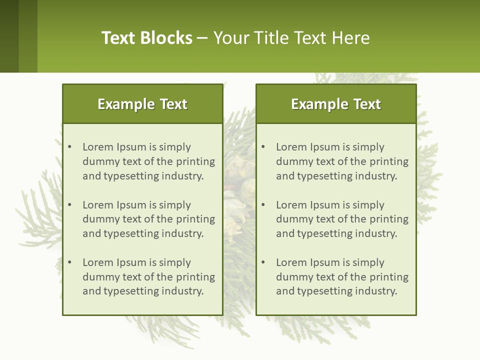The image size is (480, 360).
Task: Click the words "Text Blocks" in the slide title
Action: point(147,38)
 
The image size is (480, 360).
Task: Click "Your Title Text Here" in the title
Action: point(291,38)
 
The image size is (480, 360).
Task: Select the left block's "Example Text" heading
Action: point(142,104)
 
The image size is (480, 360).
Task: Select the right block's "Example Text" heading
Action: point(336,104)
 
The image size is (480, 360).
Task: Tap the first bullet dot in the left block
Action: point(70,147)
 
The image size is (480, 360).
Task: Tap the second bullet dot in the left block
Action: point(70,205)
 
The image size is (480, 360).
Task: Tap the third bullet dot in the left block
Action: point(70,262)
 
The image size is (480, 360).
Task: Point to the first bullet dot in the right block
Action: point(263,147)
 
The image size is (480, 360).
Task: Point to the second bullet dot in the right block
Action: point(263,205)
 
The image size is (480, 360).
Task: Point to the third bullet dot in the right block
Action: point(263,262)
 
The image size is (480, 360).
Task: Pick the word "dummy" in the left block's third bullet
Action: point(100,277)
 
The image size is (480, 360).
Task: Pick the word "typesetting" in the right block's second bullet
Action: point(324,233)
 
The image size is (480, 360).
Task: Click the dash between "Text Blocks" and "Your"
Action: point(202,38)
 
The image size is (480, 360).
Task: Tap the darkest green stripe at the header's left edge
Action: point(9,36)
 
